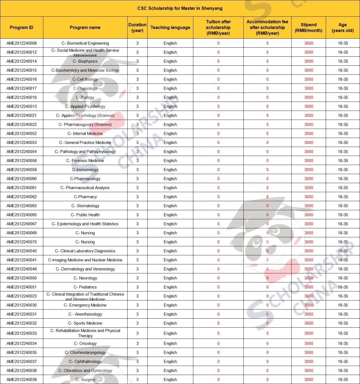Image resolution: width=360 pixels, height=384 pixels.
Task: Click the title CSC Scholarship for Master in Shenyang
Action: [180, 8]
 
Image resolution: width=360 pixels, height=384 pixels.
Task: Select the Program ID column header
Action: [22, 28]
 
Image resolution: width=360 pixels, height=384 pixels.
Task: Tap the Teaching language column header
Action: [170, 28]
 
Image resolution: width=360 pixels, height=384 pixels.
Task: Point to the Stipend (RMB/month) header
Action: [309, 28]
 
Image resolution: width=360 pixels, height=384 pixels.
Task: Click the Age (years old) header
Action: [343, 28]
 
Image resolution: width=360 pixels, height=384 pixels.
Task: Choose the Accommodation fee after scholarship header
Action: [267, 28]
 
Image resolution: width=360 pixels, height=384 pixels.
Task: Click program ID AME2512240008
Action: [22, 43]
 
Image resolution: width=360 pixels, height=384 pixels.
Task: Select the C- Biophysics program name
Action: [85, 61]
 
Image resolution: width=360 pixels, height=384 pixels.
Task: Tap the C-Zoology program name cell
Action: [85, 97]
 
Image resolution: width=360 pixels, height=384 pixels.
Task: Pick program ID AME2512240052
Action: [22, 134]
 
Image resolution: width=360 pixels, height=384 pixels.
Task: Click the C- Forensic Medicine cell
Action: [85, 161]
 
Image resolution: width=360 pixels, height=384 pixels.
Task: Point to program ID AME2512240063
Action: [22, 206]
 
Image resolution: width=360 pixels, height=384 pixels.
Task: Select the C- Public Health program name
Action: [85, 215]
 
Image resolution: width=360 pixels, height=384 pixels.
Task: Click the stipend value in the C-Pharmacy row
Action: [309, 197]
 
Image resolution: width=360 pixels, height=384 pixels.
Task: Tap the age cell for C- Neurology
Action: [343, 278]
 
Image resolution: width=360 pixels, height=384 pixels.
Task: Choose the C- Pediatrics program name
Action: [85, 287]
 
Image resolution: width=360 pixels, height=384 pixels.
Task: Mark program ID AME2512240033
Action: [22, 333]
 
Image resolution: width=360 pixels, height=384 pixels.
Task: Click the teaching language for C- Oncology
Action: [170, 343]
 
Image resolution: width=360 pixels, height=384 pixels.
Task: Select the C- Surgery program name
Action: [85, 380]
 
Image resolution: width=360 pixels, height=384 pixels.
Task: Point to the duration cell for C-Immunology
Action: [137, 170]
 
